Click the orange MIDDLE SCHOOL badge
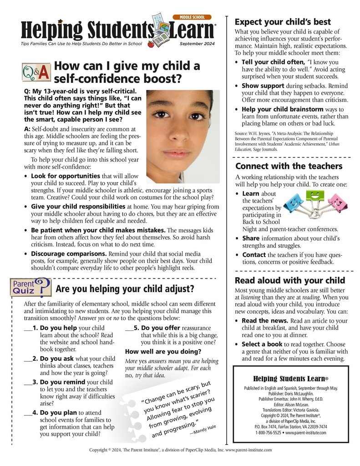(192, 17)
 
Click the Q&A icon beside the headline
(36, 72)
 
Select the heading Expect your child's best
(283, 22)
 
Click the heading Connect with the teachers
(289, 166)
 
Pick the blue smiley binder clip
(293, 199)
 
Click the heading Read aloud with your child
(289, 280)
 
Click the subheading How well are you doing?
(163, 351)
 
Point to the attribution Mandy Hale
(203, 428)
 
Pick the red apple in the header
(151, 44)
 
